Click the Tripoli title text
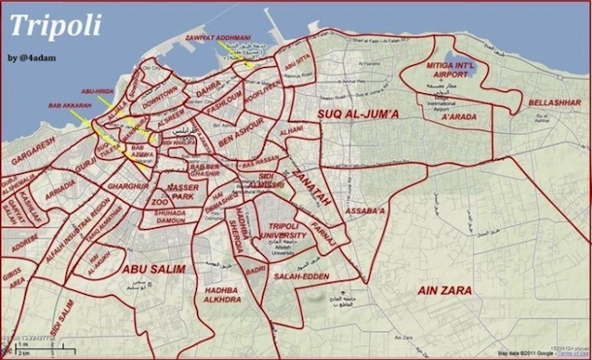(53, 26)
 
